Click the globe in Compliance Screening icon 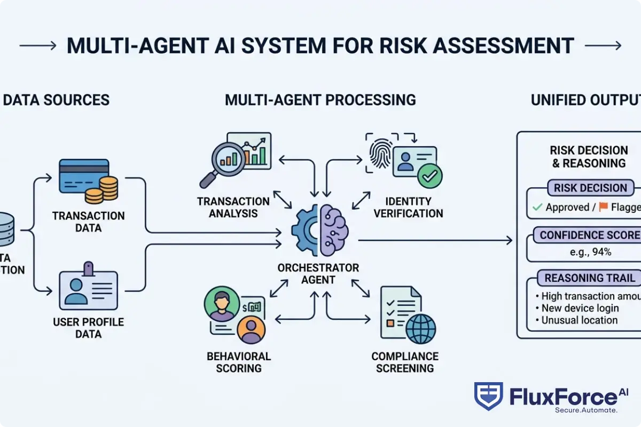tap(420, 328)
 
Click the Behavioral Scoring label tap(239, 362)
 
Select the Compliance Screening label tap(405, 362)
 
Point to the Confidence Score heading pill tap(588, 235)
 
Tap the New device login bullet tap(580, 308)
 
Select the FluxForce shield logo tap(488, 396)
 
